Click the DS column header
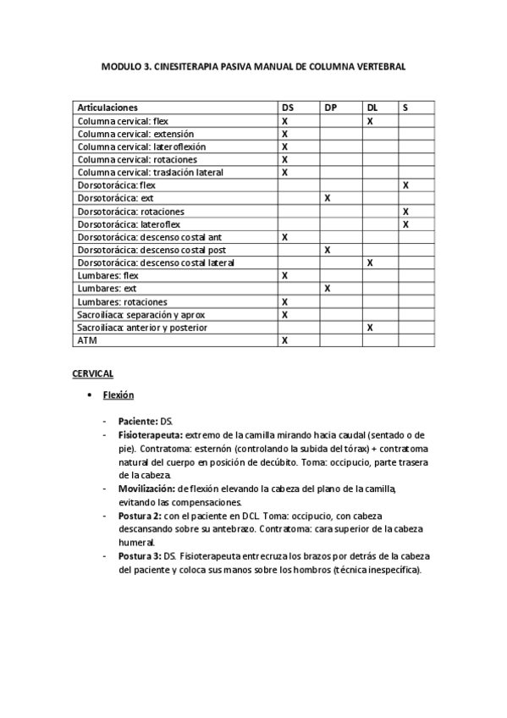click(288, 108)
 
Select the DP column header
click(330, 108)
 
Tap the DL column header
click(372, 108)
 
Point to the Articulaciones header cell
click(107, 108)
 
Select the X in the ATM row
click(284, 340)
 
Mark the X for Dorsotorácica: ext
click(327, 198)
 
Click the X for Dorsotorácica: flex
click(406, 185)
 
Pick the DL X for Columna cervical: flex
click(369, 121)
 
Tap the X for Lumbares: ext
click(327, 289)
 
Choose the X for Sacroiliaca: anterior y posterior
click(369, 327)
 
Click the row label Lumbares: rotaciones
click(122, 301)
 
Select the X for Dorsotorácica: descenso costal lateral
click(369, 262)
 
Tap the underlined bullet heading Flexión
click(118, 395)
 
